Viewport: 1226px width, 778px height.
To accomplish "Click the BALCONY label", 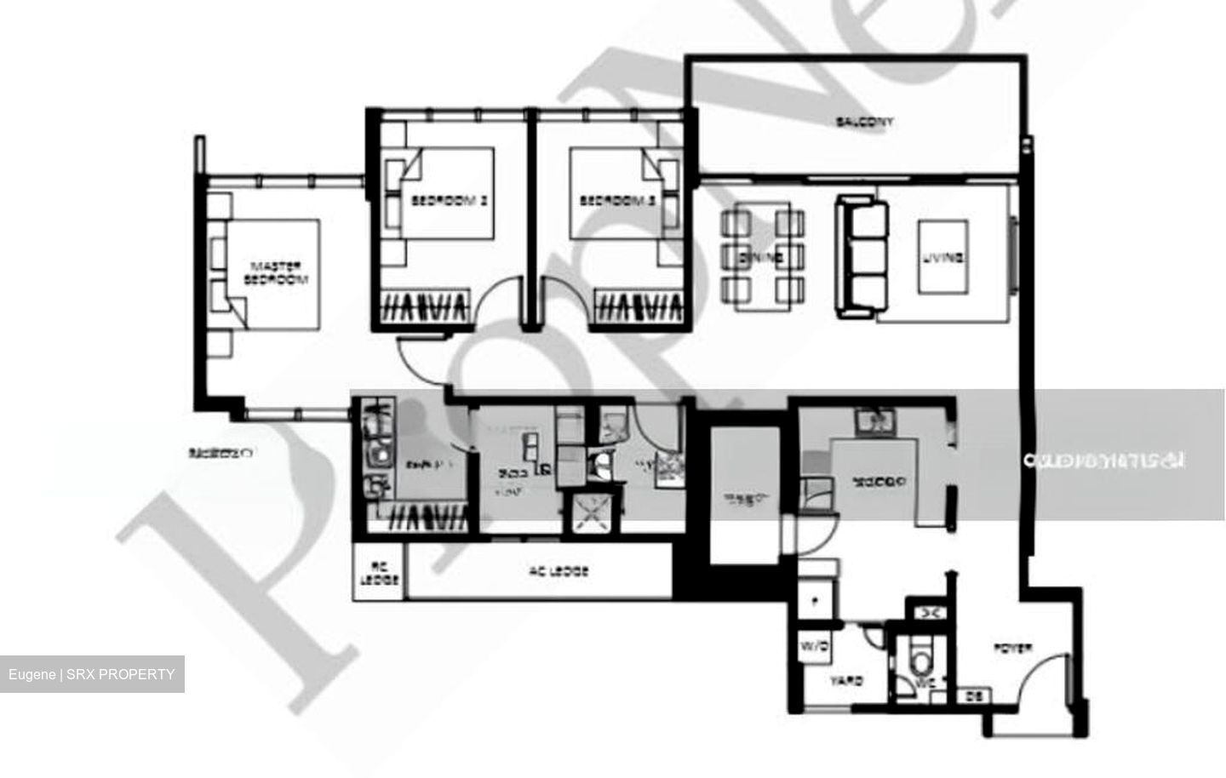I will pos(864,123).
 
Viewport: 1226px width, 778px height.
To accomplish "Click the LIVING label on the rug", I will pos(942,257).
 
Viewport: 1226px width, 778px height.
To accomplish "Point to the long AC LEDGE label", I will pos(558,572).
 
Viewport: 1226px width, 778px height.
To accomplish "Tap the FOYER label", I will pos(1013,649).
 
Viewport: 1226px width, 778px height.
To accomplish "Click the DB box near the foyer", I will pos(971,696).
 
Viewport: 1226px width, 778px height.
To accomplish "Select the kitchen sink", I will pos(874,420).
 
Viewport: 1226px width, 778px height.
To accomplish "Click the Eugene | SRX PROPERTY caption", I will pos(92,674).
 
